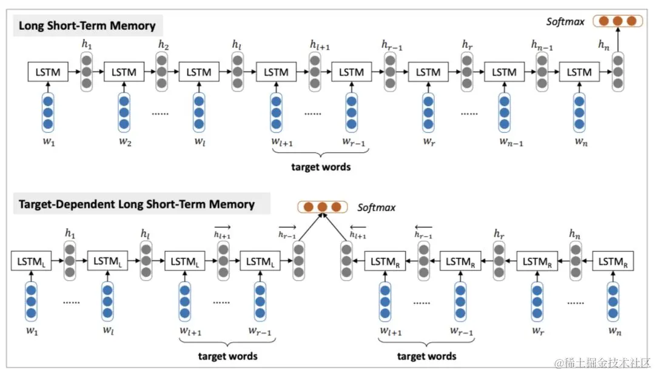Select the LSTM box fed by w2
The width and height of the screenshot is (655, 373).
(x=123, y=72)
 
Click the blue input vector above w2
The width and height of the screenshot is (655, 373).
(x=124, y=112)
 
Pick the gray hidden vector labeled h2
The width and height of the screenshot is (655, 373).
(x=162, y=72)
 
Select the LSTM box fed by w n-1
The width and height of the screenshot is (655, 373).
(x=503, y=72)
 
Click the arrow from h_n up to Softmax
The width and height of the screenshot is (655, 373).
(x=617, y=41)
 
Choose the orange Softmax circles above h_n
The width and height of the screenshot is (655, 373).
(x=617, y=21)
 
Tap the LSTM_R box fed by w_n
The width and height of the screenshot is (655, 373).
(x=613, y=261)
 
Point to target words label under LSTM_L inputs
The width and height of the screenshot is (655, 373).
(x=228, y=355)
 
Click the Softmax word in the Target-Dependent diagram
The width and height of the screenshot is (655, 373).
(x=376, y=207)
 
